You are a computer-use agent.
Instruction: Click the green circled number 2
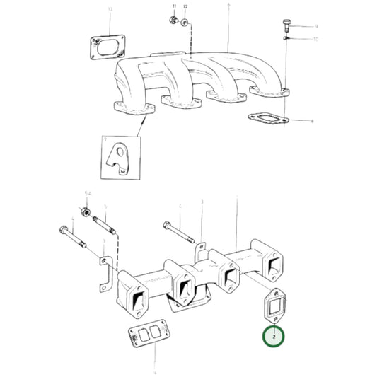[x=274, y=338]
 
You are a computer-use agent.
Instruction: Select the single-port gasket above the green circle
[x=274, y=305]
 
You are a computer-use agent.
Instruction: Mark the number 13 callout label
[x=110, y=9]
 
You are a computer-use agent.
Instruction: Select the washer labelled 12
[x=184, y=23]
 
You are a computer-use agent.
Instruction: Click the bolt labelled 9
[x=286, y=26]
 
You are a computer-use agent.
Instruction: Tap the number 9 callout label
[x=316, y=26]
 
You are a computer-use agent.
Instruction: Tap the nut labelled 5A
[x=85, y=212]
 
